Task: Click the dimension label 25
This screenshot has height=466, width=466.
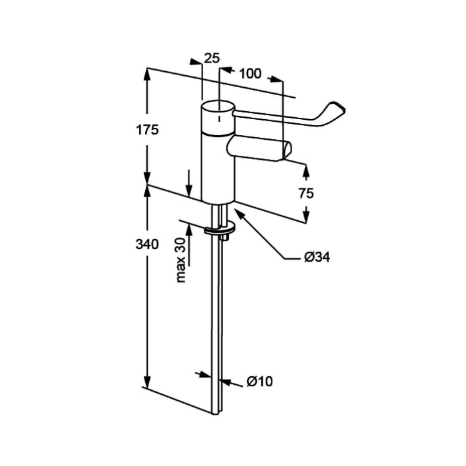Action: click(x=212, y=59)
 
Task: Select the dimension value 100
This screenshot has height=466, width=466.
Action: click(x=250, y=73)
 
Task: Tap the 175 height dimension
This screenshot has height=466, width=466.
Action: click(x=147, y=130)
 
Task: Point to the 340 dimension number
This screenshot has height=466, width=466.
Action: click(x=147, y=244)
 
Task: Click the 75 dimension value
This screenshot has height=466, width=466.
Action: click(x=306, y=194)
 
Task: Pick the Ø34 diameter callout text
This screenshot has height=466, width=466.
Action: click(x=317, y=257)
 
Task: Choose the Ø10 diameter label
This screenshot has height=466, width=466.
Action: click(x=260, y=381)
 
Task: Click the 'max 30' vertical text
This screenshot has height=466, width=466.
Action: click(x=180, y=260)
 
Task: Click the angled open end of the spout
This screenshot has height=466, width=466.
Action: click(x=286, y=150)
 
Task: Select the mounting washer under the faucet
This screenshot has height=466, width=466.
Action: click(x=219, y=229)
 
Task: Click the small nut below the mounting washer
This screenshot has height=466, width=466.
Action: click(x=224, y=237)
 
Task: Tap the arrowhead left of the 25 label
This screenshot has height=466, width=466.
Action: click(x=196, y=61)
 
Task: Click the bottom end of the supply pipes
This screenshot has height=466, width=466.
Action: click(x=216, y=413)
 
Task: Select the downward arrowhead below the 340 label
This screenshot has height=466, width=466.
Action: click(x=147, y=381)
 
